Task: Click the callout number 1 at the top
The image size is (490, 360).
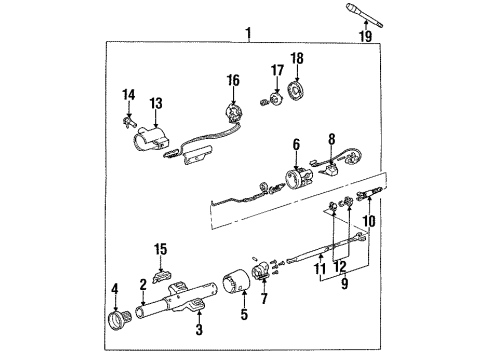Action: (247, 34)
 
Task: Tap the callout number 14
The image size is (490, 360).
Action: (128, 95)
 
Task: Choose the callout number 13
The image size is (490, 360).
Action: (155, 102)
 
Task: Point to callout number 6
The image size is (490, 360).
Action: (295, 145)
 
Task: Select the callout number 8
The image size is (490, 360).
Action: (332, 139)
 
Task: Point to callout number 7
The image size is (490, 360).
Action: (263, 298)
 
